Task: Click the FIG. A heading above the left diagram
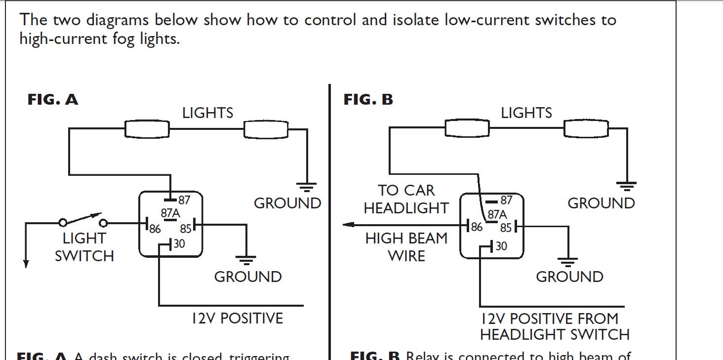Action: pos(52,100)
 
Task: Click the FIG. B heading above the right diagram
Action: pos(368,100)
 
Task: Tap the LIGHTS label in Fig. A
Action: pos(207,113)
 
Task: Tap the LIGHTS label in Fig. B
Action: pos(526,113)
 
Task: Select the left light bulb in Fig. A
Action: pos(147,129)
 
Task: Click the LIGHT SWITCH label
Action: pos(84,247)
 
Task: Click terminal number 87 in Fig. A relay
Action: pos(184,200)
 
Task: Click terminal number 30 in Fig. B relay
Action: pos(501,246)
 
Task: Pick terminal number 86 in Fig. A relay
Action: pos(155,230)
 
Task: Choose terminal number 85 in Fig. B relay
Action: pos(505,228)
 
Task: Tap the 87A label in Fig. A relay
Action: pos(170,214)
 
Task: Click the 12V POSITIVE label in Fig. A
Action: pos(238,319)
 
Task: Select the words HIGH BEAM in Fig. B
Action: pos(406,239)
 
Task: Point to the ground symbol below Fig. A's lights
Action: pos(306,187)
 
